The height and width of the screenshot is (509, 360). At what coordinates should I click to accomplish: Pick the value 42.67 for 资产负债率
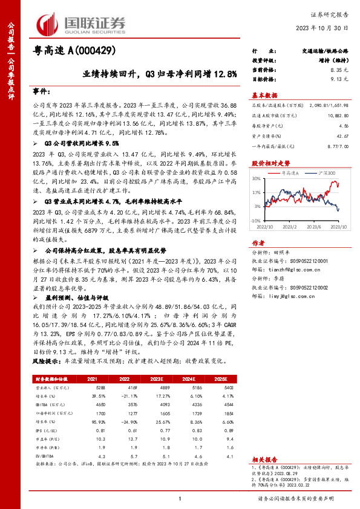pyautogui.click(x=342, y=135)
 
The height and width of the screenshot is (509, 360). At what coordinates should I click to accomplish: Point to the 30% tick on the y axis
pyautogui.click(x=257, y=179)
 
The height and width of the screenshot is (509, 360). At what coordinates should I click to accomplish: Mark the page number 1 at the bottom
pyautogui.click(x=180, y=498)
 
